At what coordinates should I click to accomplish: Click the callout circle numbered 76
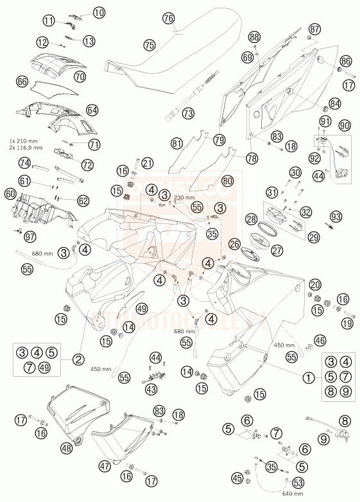pyautogui.click(x=169, y=19)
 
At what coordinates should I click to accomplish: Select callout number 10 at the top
pyautogui.click(x=98, y=12)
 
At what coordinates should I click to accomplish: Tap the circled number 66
pyautogui.click(x=22, y=82)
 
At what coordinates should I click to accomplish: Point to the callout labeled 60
pyautogui.click(x=10, y=193)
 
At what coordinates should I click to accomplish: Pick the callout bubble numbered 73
pyautogui.click(x=188, y=113)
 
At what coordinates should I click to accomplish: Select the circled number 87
pyautogui.click(x=314, y=30)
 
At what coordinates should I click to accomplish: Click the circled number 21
pyautogui.click(x=147, y=163)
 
